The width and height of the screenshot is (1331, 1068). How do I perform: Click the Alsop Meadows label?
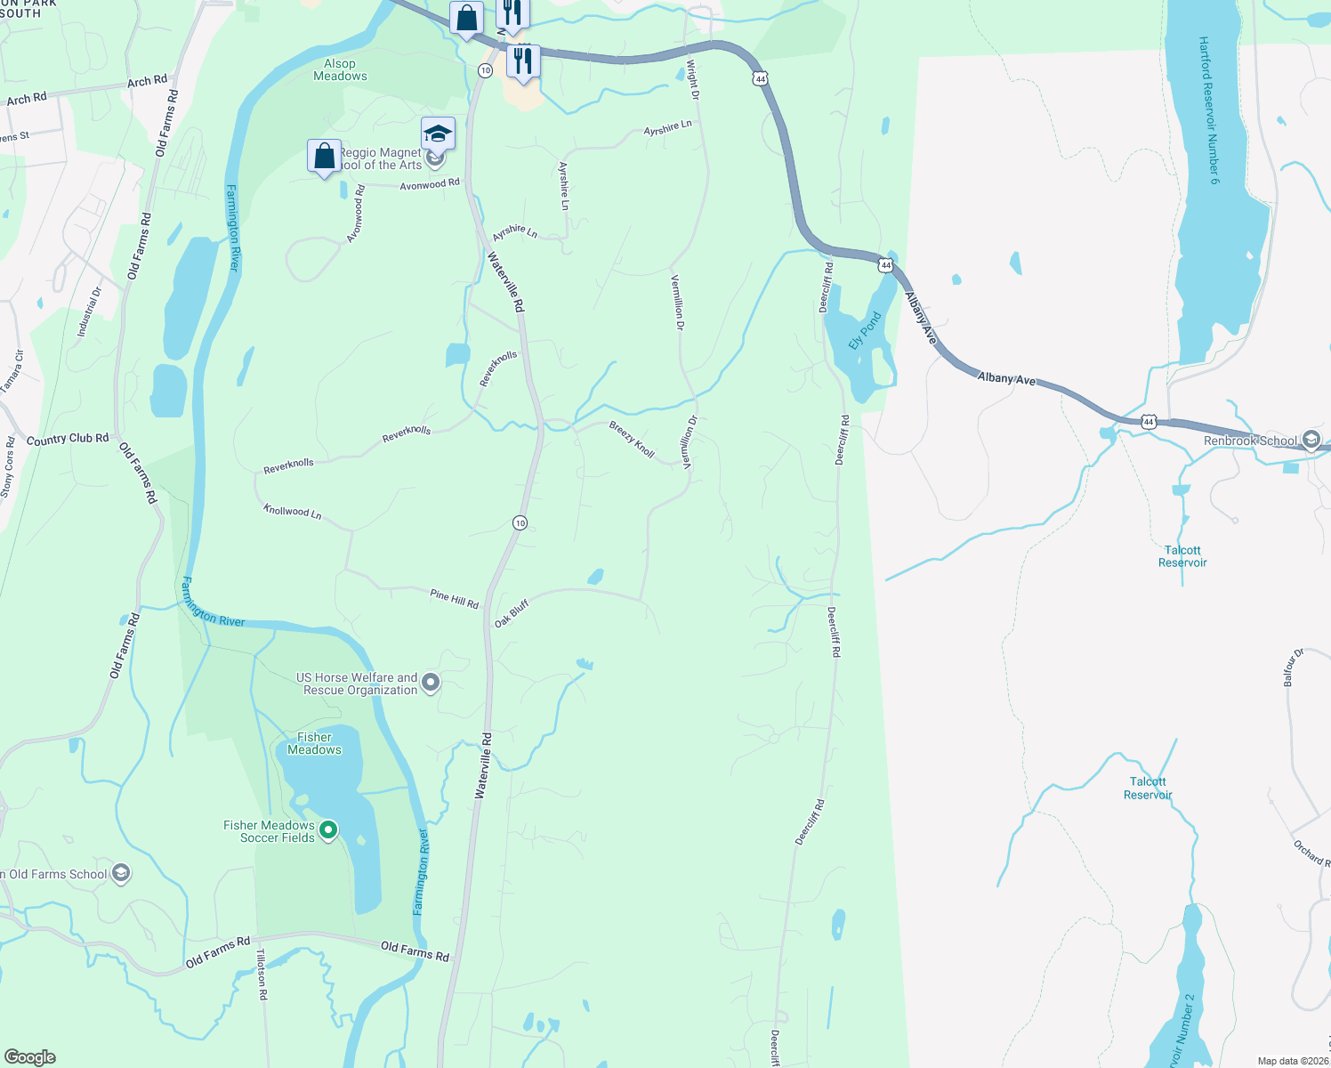[x=340, y=69]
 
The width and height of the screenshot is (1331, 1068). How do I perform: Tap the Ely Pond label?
[x=864, y=330]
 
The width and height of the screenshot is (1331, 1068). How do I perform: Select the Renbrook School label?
[x=1250, y=441]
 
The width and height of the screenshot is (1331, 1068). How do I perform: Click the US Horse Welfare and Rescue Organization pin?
[x=431, y=684]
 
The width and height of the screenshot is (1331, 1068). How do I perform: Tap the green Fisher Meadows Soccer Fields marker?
[x=328, y=830]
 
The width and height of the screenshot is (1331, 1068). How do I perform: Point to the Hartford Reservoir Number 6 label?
[x=1209, y=110]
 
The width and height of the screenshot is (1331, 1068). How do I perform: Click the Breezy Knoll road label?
[x=632, y=440]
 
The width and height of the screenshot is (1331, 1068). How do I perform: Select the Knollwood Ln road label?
[x=292, y=511]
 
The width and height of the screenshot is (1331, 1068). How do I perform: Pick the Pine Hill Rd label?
[x=454, y=598]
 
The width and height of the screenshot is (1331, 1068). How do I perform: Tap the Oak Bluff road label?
[x=512, y=613]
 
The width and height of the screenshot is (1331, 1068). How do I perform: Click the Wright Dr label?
[x=692, y=79]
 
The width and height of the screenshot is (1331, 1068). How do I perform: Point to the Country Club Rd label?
[x=68, y=439]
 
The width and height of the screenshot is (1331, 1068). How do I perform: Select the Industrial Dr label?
[x=89, y=311]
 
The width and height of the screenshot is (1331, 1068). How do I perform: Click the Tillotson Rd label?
[x=262, y=974]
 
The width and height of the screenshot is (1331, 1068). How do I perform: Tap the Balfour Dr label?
[x=1293, y=667]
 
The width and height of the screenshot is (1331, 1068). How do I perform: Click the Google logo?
[x=30, y=1057]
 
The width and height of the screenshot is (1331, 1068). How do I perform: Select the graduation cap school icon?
[x=438, y=133]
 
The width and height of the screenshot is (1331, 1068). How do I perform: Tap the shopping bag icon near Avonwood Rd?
[x=325, y=156]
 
